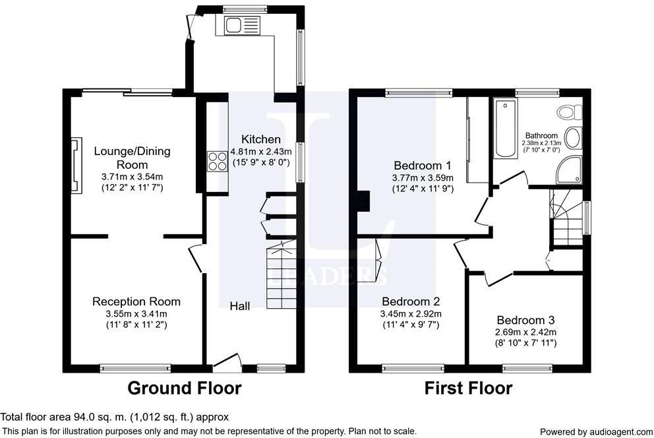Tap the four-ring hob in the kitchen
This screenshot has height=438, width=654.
[x=218, y=161]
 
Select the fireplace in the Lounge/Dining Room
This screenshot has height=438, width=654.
[x=76, y=165]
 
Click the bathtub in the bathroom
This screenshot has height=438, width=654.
[x=505, y=128]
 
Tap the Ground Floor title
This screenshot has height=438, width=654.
[x=185, y=388]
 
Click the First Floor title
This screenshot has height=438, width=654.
[x=468, y=388]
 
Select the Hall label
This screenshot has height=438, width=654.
[x=240, y=306]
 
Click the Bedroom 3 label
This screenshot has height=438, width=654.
[x=525, y=321]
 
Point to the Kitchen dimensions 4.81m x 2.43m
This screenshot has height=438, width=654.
[x=262, y=152]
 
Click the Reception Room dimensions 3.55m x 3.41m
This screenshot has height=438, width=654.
[x=136, y=314]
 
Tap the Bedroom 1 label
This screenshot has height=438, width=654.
[x=423, y=166]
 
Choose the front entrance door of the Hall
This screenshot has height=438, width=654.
[x=227, y=363]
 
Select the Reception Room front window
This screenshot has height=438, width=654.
[x=135, y=367]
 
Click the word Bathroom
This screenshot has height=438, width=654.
[x=541, y=136]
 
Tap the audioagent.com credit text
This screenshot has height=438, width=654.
[x=597, y=432]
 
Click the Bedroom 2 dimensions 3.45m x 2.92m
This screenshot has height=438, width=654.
[x=411, y=314]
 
